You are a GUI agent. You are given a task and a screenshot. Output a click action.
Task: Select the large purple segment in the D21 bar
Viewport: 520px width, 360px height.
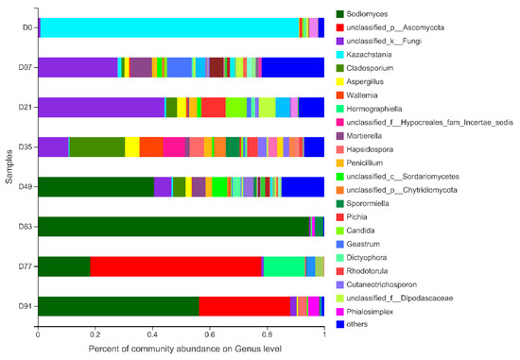click(x=100, y=107)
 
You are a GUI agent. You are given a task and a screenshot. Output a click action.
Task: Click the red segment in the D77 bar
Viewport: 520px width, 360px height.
click(x=176, y=266)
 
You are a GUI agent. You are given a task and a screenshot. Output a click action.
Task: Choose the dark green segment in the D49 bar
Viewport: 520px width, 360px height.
click(x=95, y=186)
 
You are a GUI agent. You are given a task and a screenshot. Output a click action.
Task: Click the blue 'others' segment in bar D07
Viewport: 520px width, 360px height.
click(x=293, y=67)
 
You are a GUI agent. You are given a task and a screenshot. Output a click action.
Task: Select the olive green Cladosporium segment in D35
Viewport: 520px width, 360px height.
click(x=96, y=146)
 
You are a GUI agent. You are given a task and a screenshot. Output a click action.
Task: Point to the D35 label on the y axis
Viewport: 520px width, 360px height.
click(x=26, y=146)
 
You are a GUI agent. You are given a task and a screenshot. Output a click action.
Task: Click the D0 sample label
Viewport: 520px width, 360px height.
click(x=28, y=26)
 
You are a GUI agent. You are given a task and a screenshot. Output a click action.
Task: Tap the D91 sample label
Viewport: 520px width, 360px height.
click(x=26, y=305)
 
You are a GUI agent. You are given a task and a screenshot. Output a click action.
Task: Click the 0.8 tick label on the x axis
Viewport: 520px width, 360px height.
click(x=267, y=334)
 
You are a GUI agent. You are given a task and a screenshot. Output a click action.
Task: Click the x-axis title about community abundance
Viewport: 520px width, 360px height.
click(x=181, y=350)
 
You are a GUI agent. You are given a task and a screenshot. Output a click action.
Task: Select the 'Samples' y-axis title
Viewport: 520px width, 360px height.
click(x=8, y=166)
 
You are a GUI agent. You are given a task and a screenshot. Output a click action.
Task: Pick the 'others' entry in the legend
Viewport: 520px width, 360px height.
click(x=365, y=325)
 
